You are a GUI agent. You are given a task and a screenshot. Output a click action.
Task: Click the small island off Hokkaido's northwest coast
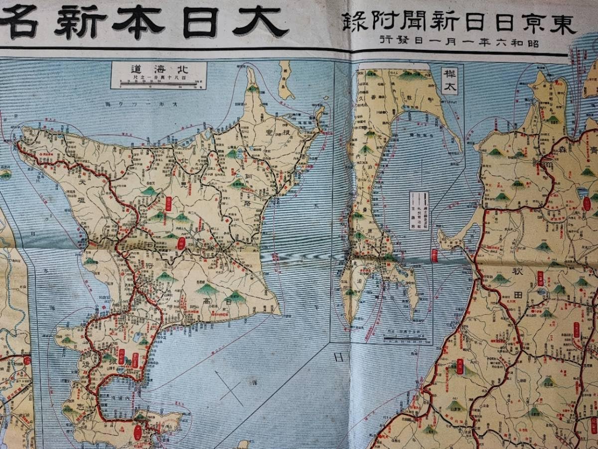point(5,175)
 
